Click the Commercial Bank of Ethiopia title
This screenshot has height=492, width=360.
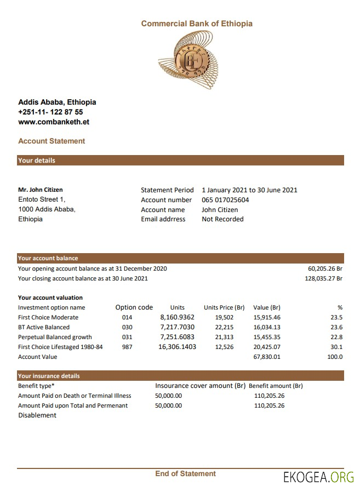pyautogui.click(x=197, y=24)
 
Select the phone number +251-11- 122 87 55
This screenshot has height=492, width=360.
pyautogui.click(x=50, y=112)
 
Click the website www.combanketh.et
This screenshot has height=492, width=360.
pyautogui.click(x=54, y=122)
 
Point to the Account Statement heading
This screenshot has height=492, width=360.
pyautogui.click(x=52, y=141)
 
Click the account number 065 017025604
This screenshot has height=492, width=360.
pyautogui.click(x=225, y=200)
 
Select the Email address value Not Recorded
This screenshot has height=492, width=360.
pyautogui.click(x=222, y=219)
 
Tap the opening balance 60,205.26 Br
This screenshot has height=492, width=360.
pyautogui.click(x=325, y=269)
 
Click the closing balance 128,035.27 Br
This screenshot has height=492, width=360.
pyautogui.click(x=323, y=278)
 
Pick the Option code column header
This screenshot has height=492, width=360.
pyautogui.click(x=134, y=307)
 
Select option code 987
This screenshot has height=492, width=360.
pyautogui.click(x=127, y=347)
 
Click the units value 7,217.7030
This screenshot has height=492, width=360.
pyautogui.click(x=177, y=327)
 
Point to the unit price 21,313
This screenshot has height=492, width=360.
pyautogui.click(x=224, y=337)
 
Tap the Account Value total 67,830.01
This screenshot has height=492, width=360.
pyautogui.click(x=267, y=357)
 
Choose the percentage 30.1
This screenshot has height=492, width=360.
pyautogui.click(x=337, y=347)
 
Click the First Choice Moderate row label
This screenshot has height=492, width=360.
pyautogui.click(x=48, y=317)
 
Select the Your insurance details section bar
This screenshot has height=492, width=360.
pyautogui.click(x=181, y=376)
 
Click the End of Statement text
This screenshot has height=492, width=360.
pyautogui.click(x=185, y=473)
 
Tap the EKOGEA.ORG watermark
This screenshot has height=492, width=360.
pyautogui.click(x=318, y=477)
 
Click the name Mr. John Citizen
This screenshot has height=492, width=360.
pyautogui.click(x=41, y=190)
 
